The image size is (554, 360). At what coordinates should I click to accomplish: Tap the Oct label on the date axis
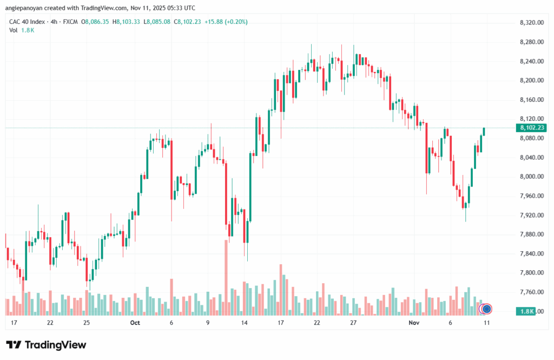pos(135,323)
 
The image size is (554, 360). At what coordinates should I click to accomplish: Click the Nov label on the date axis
pos(414,323)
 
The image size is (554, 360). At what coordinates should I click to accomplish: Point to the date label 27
pos(353,323)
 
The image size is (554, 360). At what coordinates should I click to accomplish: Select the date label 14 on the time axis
pos(245,323)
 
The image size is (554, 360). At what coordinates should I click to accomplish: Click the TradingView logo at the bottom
pos(46,345)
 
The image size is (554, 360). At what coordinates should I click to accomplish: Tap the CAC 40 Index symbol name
pos(28,22)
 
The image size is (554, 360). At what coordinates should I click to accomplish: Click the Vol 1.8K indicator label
pos(22,30)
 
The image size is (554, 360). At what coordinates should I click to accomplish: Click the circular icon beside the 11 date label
pos(486,309)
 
